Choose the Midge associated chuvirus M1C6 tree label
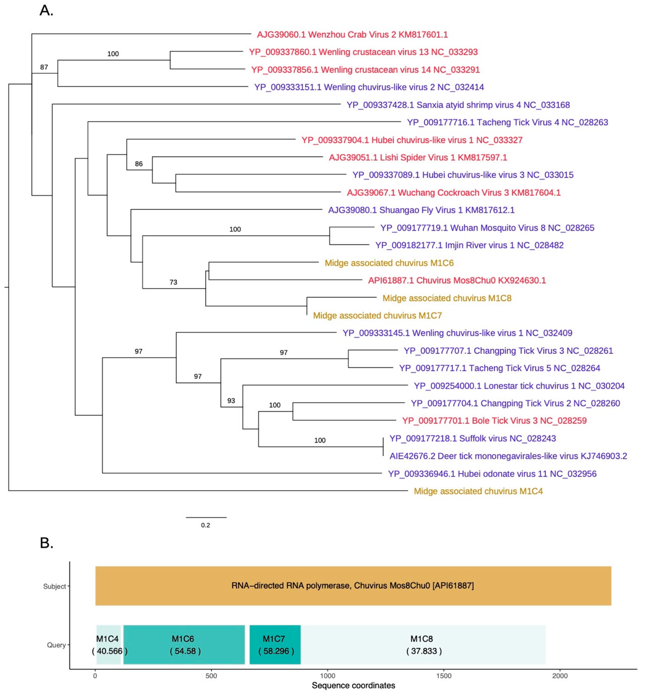point(389,263)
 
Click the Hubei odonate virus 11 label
point(492,474)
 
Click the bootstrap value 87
point(44,67)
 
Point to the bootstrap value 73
point(173,282)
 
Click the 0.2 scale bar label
point(205,525)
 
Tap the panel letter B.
point(47,543)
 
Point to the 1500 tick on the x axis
point(444,676)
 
